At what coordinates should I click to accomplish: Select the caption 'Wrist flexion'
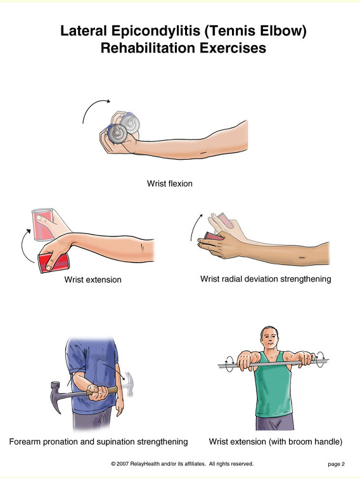point(169,183)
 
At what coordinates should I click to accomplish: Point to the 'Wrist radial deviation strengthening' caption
point(266,279)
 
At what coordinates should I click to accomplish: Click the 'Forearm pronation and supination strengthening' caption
point(98,442)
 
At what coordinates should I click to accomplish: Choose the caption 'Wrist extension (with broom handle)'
point(276,442)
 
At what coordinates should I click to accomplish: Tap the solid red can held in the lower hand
point(54,263)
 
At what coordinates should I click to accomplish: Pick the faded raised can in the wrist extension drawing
point(43,224)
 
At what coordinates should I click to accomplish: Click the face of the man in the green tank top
point(270,339)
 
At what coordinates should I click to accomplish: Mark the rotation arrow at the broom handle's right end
point(321,359)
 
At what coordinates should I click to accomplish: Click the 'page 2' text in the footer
point(336,464)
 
